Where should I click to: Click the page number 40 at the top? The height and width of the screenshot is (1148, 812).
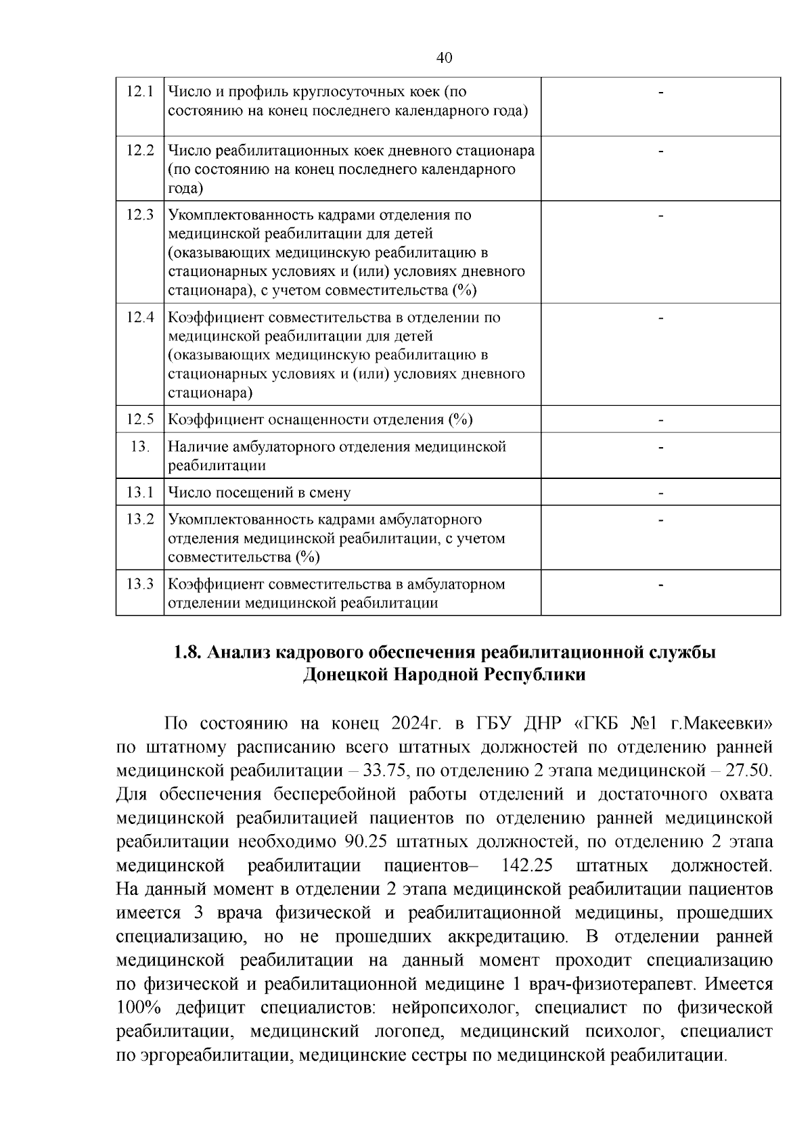point(445,58)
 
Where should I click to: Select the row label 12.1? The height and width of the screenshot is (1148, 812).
point(139,91)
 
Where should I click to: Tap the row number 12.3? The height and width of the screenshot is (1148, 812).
point(139,215)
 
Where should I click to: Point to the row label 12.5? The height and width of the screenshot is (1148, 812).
point(139,419)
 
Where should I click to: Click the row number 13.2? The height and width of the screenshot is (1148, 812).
point(139,520)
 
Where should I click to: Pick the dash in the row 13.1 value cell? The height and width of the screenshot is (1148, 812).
point(660,492)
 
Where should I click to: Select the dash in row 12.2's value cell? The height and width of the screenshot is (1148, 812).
point(660,150)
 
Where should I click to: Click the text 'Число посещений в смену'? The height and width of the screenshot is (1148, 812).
point(259,492)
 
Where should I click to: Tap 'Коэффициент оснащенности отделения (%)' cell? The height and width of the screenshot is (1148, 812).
point(320,419)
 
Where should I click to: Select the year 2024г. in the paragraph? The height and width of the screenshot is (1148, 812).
point(415,723)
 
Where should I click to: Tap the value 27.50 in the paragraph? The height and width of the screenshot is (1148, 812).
point(747,771)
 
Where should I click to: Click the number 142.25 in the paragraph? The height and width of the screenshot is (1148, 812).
point(528,866)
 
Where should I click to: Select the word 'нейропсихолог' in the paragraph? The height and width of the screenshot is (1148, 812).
point(445,1008)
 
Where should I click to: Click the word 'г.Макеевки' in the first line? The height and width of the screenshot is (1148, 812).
point(721,723)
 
